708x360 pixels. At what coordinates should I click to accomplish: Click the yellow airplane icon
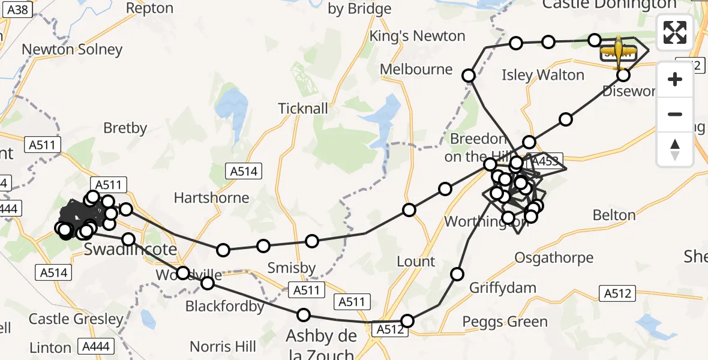point(619,52)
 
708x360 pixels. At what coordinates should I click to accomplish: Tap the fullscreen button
point(675,32)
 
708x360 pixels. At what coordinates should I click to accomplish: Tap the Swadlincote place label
point(130,249)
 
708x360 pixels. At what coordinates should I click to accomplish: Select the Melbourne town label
point(416,70)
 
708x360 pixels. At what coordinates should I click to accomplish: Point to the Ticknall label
point(303,109)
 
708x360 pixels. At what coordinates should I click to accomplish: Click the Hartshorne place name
point(211,197)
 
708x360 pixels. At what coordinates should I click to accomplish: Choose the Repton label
point(150,8)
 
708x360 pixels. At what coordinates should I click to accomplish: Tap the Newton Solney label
point(72,49)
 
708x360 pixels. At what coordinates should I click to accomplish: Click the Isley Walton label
point(543,75)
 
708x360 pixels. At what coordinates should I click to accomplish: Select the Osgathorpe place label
point(554,257)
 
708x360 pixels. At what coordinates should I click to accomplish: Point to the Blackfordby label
point(224,306)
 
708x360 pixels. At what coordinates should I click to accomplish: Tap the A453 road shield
point(544,161)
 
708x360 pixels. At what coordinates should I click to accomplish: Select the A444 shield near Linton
point(95,346)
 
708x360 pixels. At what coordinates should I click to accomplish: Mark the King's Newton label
point(417,36)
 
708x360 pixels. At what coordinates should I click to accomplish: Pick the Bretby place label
point(125,128)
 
